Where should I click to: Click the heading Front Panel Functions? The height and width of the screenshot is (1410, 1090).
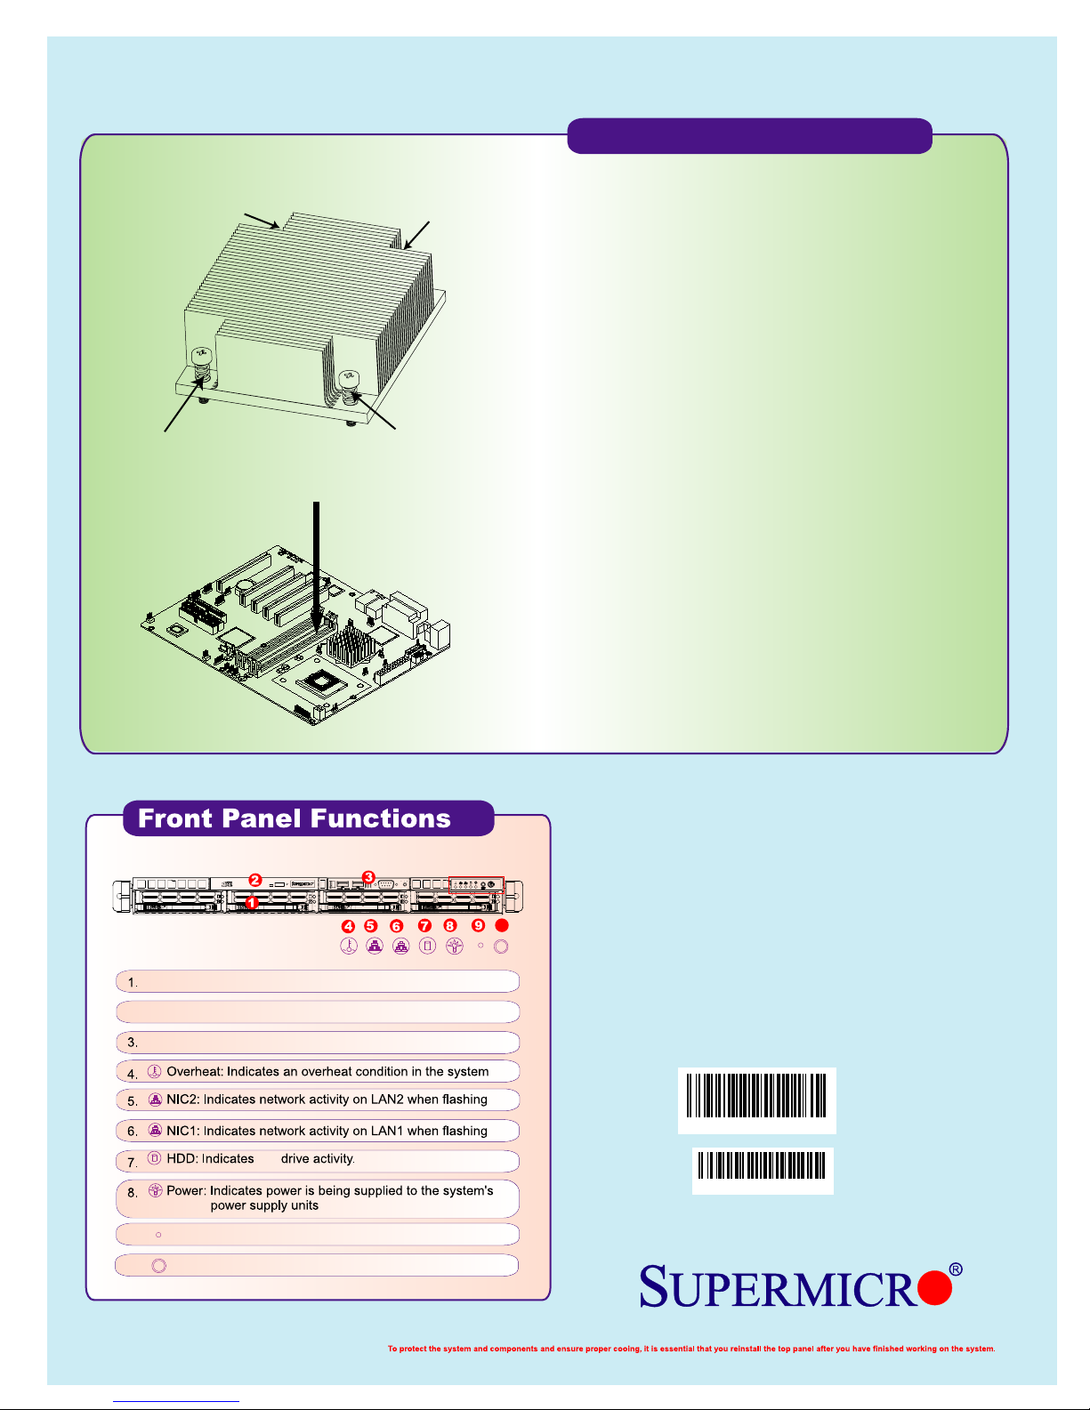coord(294,818)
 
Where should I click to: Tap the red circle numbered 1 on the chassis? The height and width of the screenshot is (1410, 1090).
coord(252,902)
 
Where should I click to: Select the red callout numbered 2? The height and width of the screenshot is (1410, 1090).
coord(255,880)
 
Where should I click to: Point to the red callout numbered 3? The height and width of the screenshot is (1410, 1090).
coord(368,877)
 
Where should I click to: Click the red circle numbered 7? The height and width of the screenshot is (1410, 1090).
coord(425,926)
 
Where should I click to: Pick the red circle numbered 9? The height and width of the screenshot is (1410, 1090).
coord(478,925)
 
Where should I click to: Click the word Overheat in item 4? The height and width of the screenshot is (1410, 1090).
coord(194,1071)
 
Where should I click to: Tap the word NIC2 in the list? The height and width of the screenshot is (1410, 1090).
coord(181,1100)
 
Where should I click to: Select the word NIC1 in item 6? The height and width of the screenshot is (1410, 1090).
coord(181,1131)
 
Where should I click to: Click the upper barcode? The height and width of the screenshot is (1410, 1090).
coord(756,1096)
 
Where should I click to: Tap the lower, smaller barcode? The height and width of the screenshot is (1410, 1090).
coord(762,1165)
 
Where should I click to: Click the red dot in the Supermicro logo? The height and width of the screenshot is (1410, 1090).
coord(934,1287)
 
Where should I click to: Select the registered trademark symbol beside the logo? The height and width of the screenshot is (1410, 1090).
coord(956,1269)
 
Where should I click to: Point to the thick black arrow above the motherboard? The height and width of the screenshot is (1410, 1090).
coord(317,568)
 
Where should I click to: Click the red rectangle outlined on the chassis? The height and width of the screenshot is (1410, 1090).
coord(476,885)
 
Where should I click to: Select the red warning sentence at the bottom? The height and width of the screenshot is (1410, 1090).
coord(691,1349)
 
